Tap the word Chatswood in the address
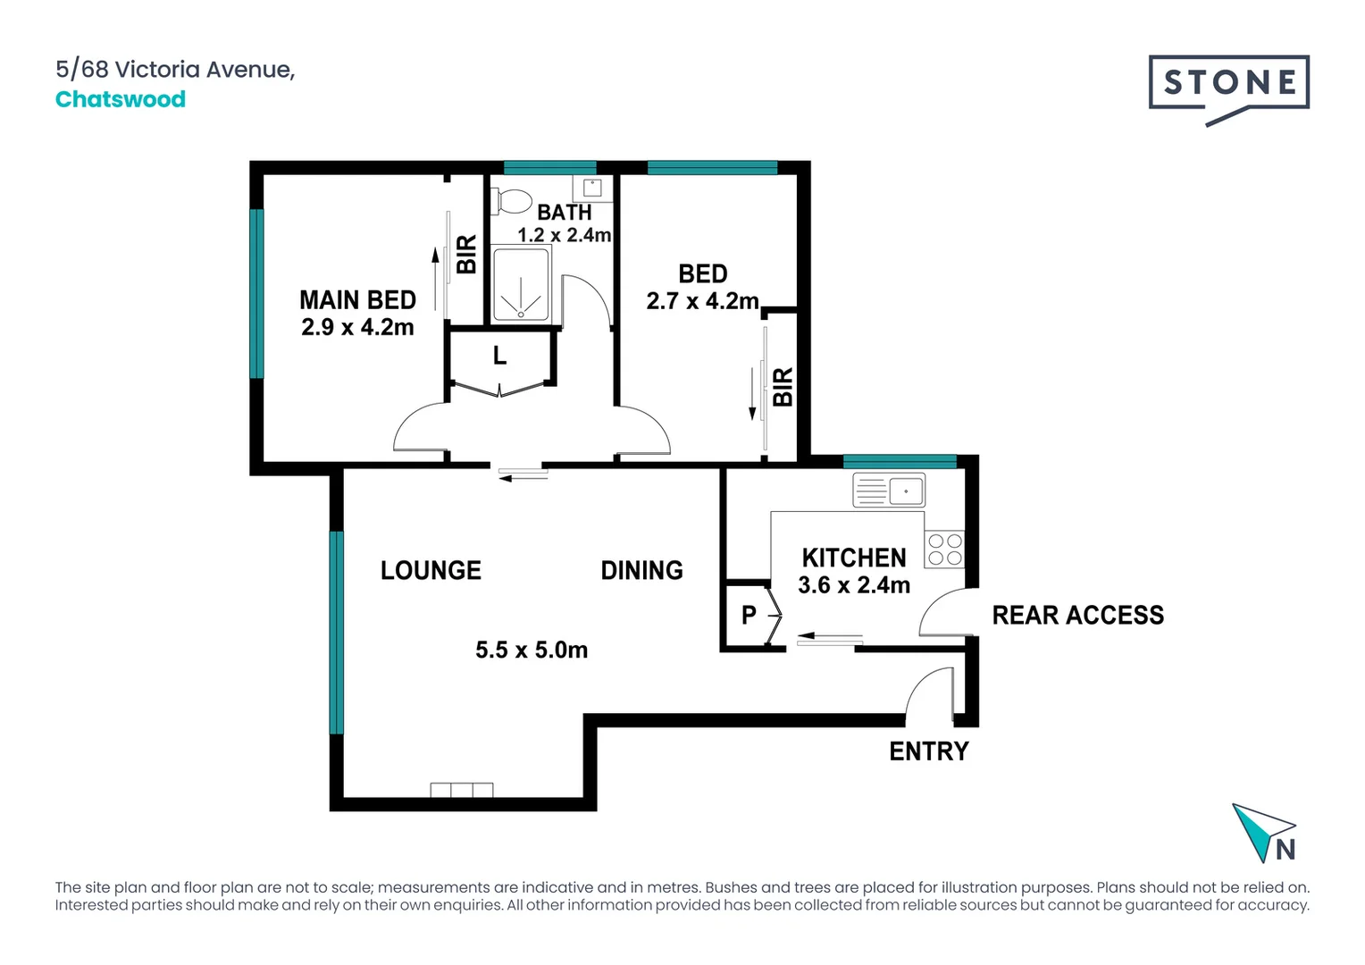(121, 99)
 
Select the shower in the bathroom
(521, 285)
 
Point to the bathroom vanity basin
(592, 188)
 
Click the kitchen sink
(889, 491)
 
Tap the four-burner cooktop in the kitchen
(944, 550)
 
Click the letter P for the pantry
(749, 615)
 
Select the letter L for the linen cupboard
(499, 357)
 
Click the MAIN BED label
(357, 300)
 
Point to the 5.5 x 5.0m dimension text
(532, 650)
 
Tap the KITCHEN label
(853, 558)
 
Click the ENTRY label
(929, 751)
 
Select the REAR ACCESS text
(1077, 616)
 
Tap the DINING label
(641, 571)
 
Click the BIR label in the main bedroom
(466, 255)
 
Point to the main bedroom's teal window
(256, 293)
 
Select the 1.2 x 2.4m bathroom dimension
(564, 235)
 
